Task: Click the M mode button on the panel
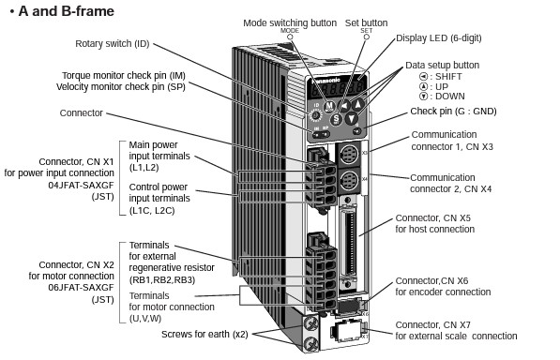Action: [x=329, y=106]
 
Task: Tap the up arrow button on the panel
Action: [x=358, y=104]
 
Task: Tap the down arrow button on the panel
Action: [x=352, y=118]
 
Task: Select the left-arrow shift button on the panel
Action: [x=344, y=106]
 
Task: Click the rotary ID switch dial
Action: [x=316, y=115]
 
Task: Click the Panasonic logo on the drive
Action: [x=326, y=81]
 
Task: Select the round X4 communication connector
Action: [x=348, y=181]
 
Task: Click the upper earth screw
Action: [x=310, y=324]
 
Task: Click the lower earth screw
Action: [x=310, y=344]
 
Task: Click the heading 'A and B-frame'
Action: [x=67, y=11]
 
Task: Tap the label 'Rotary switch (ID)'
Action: [x=113, y=43]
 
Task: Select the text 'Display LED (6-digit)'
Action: [x=439, y=37]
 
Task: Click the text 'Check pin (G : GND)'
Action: [x=453, y=112]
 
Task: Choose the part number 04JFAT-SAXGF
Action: [x=81, y=186]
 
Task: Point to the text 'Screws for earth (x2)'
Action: [x=204, y=335]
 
